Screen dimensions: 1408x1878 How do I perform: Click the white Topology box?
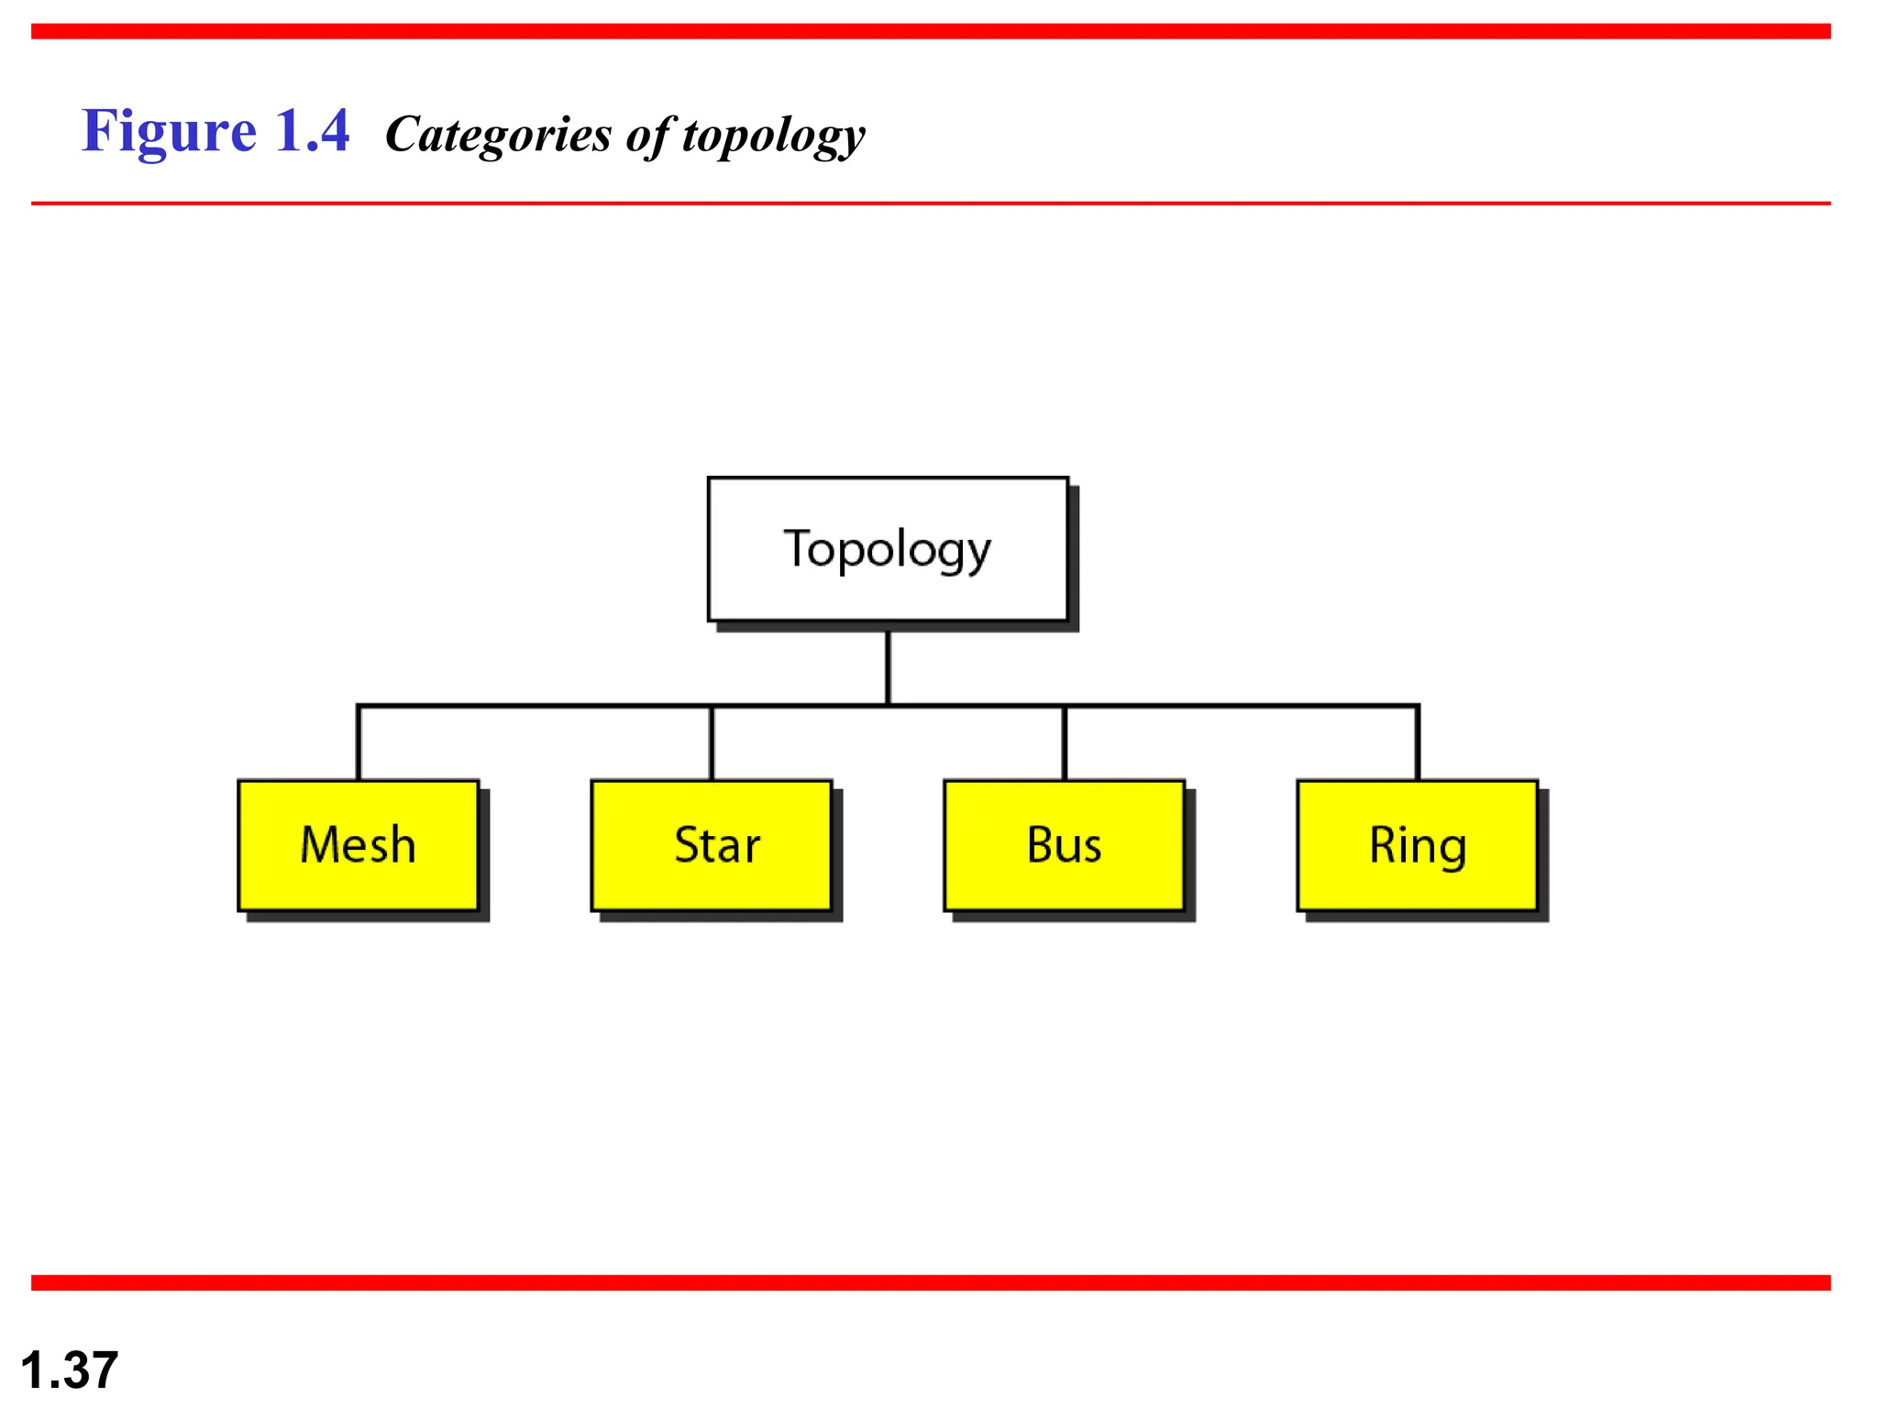[x=888, y=549]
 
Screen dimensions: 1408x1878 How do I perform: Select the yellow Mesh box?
[x=359, y=845]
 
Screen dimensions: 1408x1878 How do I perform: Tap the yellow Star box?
[x=712, y=845]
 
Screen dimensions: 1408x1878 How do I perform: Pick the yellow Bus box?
[x=1065, y=845]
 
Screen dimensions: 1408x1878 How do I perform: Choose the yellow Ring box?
[x=1418, y=845]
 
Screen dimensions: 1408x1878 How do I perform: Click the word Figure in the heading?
[x=169, y=131]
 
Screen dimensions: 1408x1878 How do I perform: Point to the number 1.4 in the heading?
[x=312, y=131]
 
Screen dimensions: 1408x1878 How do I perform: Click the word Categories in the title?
[x=498, y=135]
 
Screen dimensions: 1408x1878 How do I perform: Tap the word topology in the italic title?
[x=773, y=136]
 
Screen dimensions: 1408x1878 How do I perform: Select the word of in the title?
[x=648, y=135]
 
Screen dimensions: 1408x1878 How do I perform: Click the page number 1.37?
[x=69, y=1369]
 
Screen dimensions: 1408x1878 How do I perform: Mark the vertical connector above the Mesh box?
[x=359, y=743]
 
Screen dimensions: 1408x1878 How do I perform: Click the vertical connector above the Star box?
[x=712, y=743]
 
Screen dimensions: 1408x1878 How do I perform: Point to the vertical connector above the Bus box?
[x=1065, y=743]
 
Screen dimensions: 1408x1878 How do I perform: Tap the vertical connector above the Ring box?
[x=1418, y=743]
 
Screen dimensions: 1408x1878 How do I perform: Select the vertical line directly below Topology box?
[x=888, y=667]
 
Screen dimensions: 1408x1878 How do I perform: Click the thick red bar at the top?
[x=931, y=31]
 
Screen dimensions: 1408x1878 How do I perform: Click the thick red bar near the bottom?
[x=931, y=1282]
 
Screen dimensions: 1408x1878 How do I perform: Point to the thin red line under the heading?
[x=931, y=203]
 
